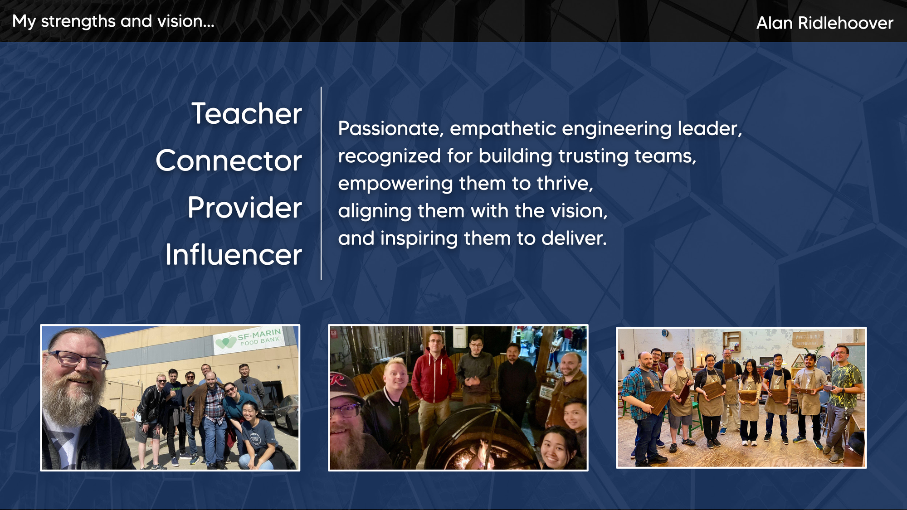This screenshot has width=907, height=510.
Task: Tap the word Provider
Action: click(245, 208)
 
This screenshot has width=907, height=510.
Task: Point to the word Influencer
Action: click(234, 255)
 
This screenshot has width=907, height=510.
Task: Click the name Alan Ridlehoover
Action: click(824, 23)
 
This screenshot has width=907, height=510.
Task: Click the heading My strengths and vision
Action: click(113, 21)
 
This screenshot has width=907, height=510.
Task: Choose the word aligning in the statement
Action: click(375, 211)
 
